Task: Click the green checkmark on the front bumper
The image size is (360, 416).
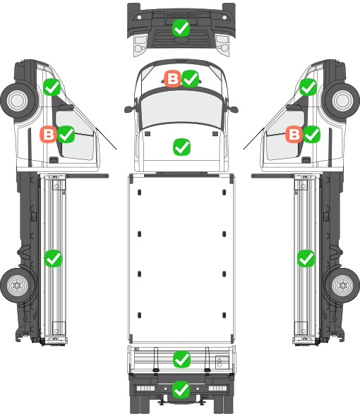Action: click(x=181, y=28)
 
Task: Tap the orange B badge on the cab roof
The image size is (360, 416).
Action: click(x=173, y=78)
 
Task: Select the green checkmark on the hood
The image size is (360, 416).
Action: click(x=181, y=147)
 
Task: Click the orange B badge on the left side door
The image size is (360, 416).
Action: click(x=49, y=134)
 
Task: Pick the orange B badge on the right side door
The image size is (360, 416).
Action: click(x=294, y=134)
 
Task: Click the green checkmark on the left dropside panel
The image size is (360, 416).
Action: click(x=53, y=258)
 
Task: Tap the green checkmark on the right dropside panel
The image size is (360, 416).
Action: click(x=306, y=258)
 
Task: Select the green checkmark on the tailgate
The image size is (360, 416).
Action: click(x=181, y=360)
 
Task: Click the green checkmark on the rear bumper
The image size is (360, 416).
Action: click(x=181, y=389)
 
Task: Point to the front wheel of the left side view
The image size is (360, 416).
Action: click(x=18, y=101)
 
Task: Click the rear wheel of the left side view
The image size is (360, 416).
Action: click(x=17, y=285)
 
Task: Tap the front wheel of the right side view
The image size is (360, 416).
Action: click(x=343, y=101)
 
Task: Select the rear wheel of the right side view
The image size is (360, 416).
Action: click(x=343, y=285)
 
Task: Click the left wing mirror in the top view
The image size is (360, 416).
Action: click(x=129, y=109)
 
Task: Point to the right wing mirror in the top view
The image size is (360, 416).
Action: click(x=232, y=109)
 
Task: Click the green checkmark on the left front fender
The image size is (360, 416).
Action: click(x=52, y=87)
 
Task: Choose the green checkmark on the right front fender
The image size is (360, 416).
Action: click(x=308, y=87)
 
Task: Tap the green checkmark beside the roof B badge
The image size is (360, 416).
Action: click(x=190, y=78)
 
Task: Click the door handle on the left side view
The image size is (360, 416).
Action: click(x=54, y=160)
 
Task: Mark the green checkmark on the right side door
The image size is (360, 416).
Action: click(x=311, y=134)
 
